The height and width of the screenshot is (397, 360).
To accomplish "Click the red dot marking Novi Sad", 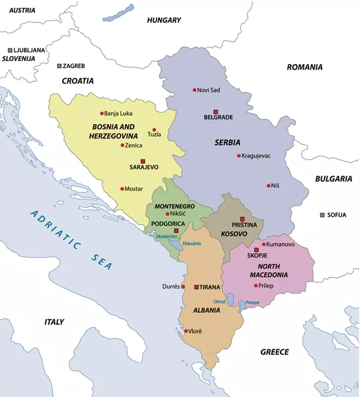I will coord(194,90).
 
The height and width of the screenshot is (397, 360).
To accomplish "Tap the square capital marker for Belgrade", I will coord(216,111).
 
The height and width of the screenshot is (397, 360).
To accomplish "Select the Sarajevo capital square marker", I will coord(143,161).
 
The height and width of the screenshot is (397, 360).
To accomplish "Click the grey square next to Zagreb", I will coord(59,66).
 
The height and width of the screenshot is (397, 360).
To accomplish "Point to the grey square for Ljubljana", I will coord(10,50).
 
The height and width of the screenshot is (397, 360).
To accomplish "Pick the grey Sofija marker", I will coord(322,215).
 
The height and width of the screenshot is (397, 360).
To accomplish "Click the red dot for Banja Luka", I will coord(101,113).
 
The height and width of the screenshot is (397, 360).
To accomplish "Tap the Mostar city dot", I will coord(122,189).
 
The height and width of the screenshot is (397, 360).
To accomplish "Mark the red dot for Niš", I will coord(269,185).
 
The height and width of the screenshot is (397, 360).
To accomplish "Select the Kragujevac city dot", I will coord(239,156).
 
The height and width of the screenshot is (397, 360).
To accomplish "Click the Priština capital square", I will coord(242,219).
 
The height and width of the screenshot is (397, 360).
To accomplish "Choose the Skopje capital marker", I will coord(257,250).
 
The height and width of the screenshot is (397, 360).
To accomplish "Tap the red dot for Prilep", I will coord(256,285).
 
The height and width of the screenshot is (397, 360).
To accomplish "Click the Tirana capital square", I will coord(197,286).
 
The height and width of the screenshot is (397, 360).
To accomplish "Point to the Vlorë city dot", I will coord(186,331).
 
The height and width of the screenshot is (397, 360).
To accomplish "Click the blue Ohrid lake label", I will coord(219,301).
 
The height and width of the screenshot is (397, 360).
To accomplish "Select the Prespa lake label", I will coord(252,303).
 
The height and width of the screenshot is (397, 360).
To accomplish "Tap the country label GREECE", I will coord(274,352).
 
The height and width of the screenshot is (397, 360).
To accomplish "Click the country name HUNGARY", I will coord(164,20).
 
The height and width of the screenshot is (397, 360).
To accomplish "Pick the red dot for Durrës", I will coord(183,286).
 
